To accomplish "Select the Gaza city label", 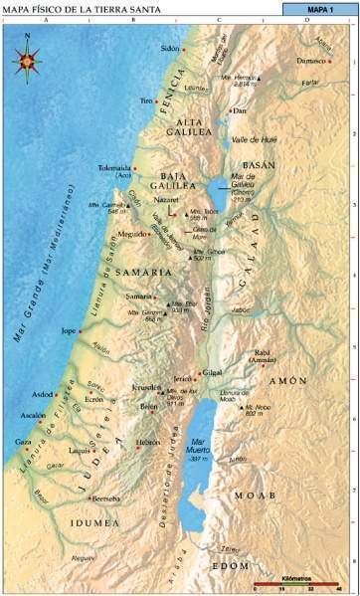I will (x=23, y=441).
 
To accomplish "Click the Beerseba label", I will (x=104, y=498).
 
